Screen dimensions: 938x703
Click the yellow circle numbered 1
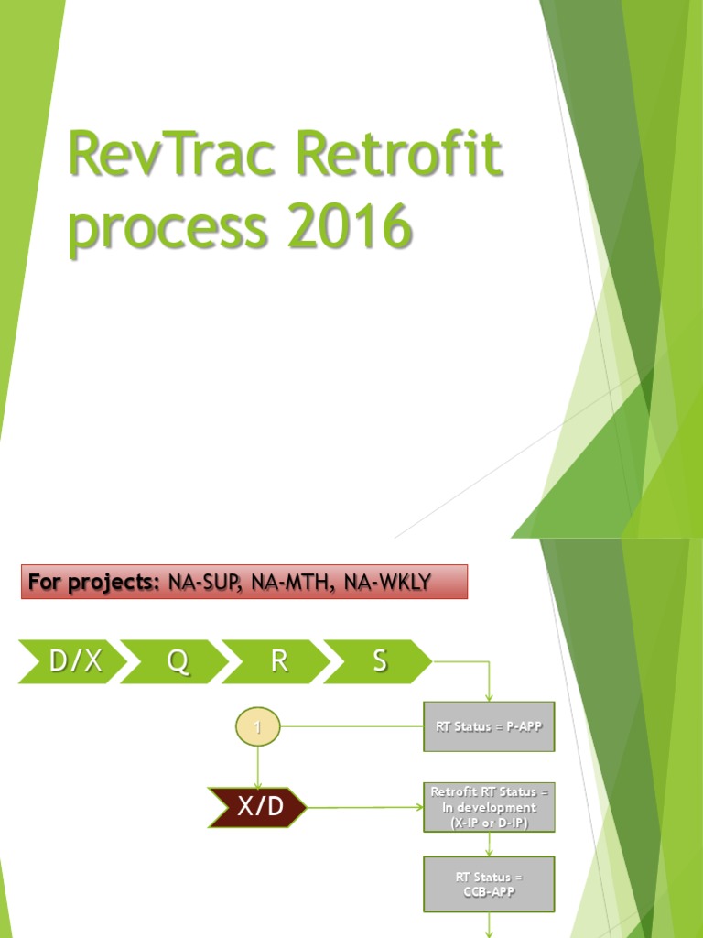coord(258,727)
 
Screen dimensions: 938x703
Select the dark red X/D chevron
coord(257,808)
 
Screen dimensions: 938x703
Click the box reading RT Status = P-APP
coord(489,727)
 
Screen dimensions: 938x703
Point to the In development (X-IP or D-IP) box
coord(489,808)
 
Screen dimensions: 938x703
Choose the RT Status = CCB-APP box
coord(489,885)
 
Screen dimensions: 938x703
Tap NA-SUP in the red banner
coord(205,582)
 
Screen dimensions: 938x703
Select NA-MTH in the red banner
coord(294,582)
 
